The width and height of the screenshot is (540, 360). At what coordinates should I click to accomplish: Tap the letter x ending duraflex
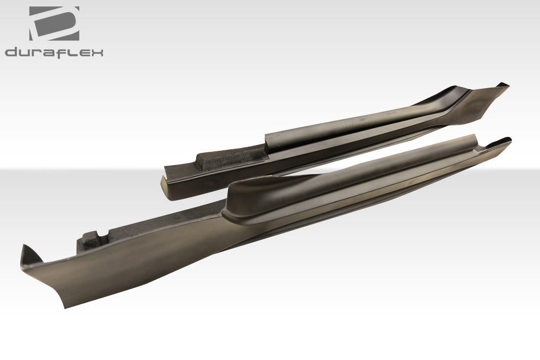(97, 52)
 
